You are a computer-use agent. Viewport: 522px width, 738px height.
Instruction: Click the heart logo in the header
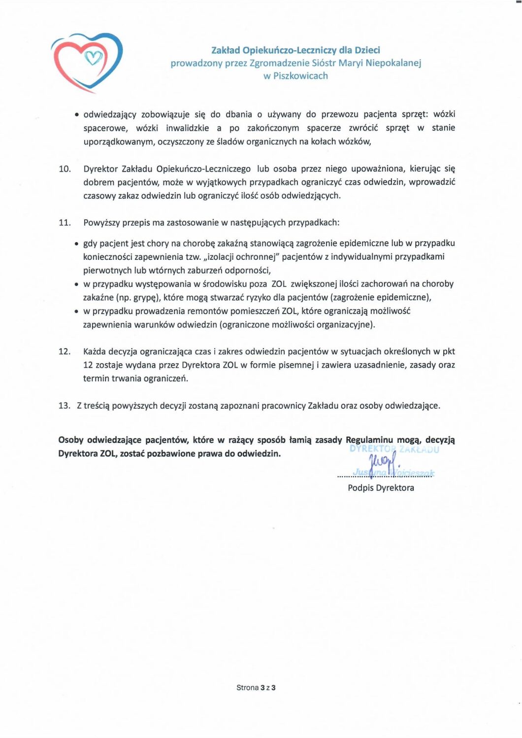(x=87, y=62)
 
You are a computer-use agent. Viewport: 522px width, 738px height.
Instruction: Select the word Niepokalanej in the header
(x=393, y=63)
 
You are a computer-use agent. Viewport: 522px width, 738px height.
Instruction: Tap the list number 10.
(x=65, y=169)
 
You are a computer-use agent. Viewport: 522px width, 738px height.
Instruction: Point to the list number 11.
(x=65, y=223)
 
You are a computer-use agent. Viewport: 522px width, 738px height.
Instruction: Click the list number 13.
(x=65, y=406)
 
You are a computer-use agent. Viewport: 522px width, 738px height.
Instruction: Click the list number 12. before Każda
(x=65, y=351)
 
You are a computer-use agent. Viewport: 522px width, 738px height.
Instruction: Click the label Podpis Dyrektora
(x=381, y=488)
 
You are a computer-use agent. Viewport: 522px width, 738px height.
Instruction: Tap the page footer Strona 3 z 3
(x=256, y=688)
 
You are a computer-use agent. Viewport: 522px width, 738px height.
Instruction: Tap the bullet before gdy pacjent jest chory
(x=76, y=244)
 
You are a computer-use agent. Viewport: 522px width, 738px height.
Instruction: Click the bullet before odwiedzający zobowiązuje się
(x=76, y=115)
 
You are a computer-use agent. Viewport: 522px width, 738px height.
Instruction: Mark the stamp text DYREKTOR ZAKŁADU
(x=394, y=449)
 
